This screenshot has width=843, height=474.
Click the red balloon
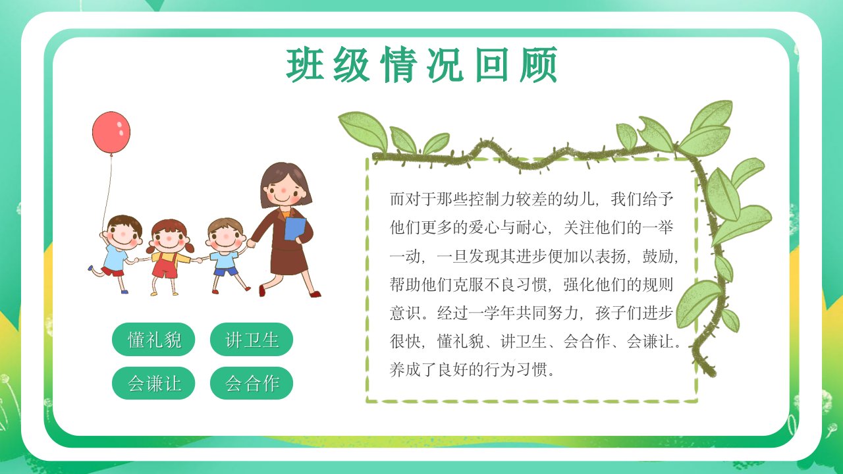[x=111, y=132]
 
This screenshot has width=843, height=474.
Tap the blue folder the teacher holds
[x=294, y=228]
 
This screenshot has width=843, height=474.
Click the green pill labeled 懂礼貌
[x=153, y=339]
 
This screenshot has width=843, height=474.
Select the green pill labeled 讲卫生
[x=252, y=339]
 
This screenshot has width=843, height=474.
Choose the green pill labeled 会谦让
[x=153, y=383]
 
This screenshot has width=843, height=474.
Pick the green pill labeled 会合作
[x=252, y=383]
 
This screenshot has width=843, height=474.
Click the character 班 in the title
[x=305, y=65]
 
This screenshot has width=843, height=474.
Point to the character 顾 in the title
[x=539, y=65]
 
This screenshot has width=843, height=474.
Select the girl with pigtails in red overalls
[x=169, y=257]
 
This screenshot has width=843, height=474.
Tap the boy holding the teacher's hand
[x=227, y=254]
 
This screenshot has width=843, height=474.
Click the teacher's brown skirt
[x=288, y=260]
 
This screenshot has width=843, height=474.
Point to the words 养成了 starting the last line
[x=413, y=369]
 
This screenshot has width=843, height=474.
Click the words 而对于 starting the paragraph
[x=413, y=199]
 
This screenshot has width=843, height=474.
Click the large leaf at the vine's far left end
[x=364, y=130]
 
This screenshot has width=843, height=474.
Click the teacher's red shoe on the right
[x=315, y=294]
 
